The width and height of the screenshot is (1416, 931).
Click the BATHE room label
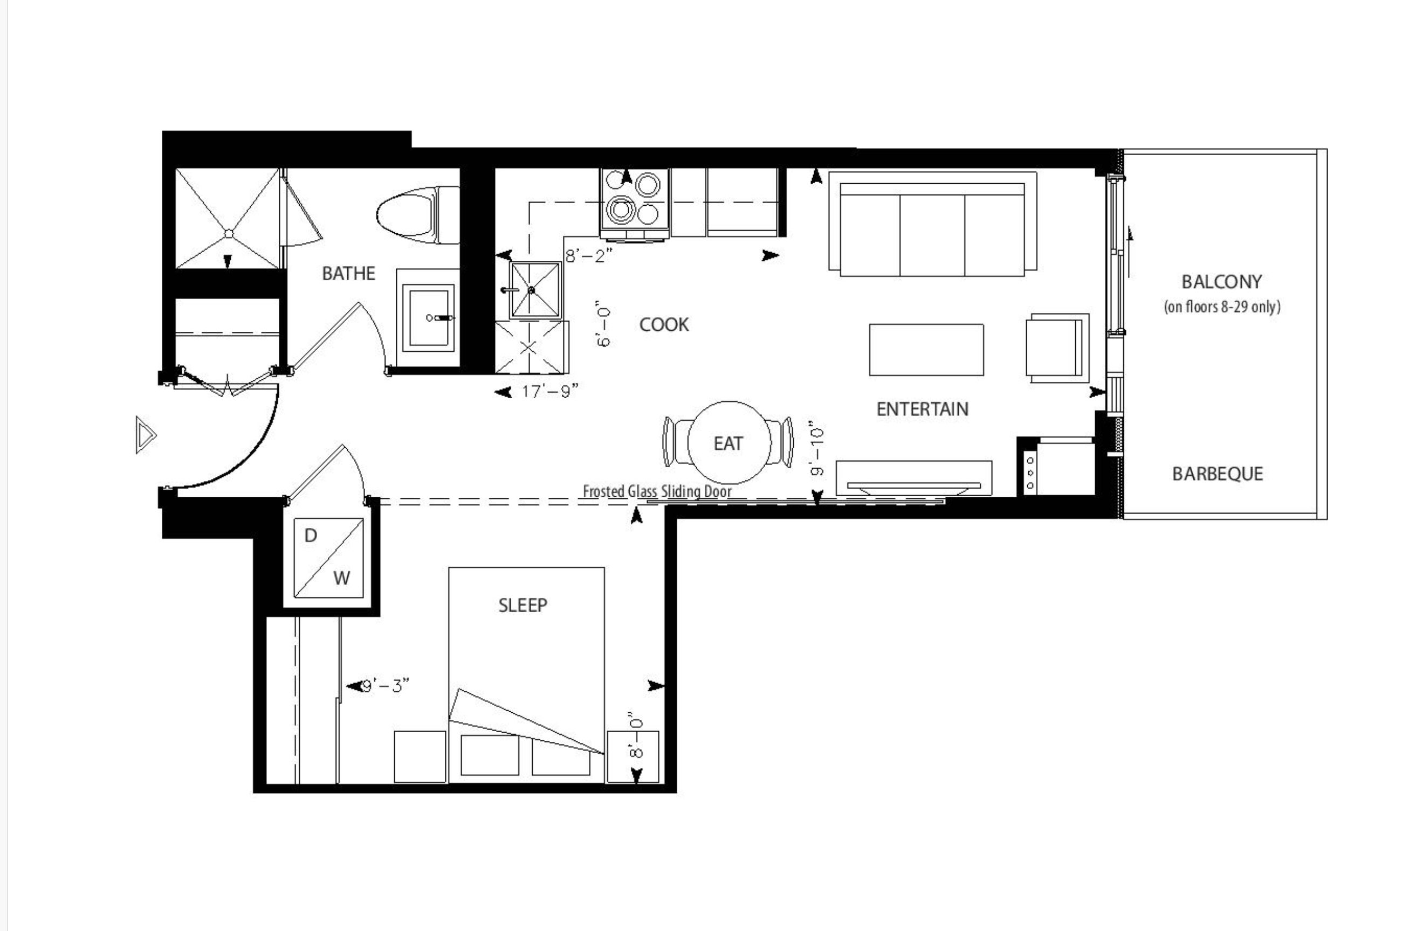point(349,274)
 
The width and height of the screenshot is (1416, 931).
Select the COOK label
point(664,324)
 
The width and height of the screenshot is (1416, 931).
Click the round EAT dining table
point(729,442)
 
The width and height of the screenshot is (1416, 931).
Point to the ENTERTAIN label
point(922,409)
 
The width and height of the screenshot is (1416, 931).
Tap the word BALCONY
point(1221,282)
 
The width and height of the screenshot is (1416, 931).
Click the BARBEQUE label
point(1217,474)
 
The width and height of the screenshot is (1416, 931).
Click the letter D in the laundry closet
point(311,536)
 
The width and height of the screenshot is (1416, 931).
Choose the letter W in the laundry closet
point(341,578)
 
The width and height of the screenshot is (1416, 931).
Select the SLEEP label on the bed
point(523,605)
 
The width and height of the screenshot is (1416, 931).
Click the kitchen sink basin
point(535,290)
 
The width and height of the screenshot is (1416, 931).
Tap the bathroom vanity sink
point(428,318)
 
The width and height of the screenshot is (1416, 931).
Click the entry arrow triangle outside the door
point(146,435)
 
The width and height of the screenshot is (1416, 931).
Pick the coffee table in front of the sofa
point(926,350)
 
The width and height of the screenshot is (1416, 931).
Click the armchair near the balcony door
point(1057,349)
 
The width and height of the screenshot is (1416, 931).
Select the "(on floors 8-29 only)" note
point(1222,307)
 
